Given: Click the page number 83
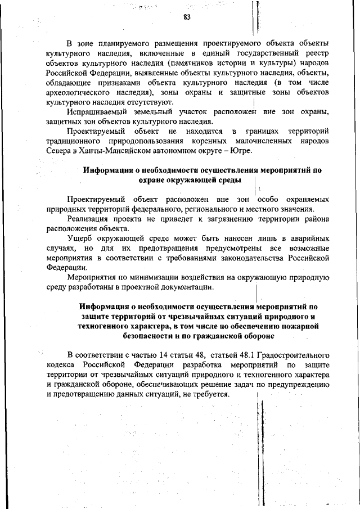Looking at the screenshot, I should pos(187,17).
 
